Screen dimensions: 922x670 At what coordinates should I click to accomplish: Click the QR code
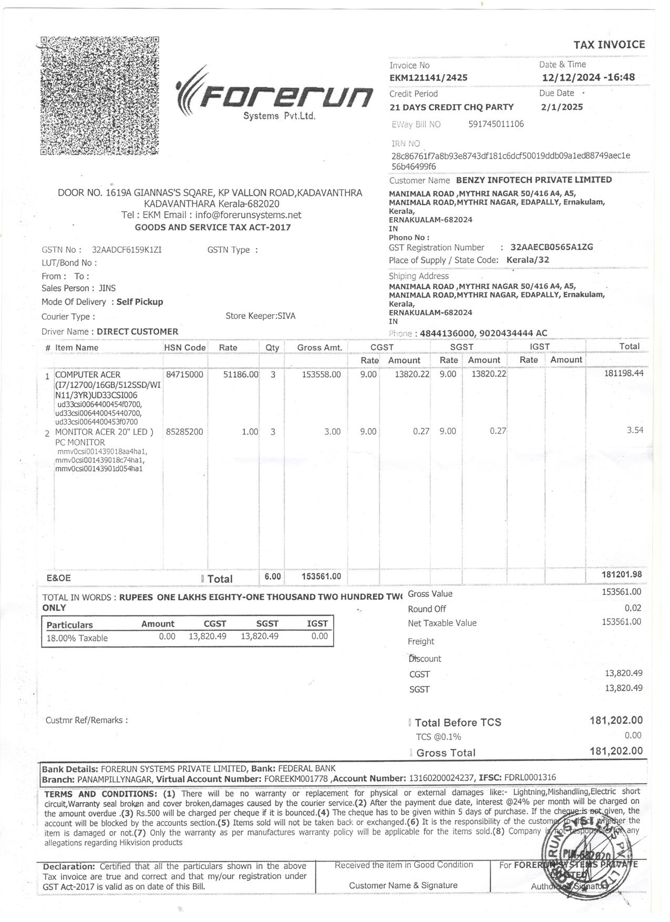pyautogui.click(x=100, y=95)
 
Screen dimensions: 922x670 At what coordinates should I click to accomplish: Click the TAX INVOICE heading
pyautogui.click(x=609, y=45)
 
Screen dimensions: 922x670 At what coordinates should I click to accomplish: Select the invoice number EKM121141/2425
pyautogui.click(x=428, y=78)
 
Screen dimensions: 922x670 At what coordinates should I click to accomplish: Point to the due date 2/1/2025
pyautogui.click(x=562, y=107)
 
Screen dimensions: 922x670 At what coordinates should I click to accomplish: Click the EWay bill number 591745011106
pyautogui.click(x=496, y=124)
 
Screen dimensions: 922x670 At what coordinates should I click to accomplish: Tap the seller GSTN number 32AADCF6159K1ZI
pyautogui.click(x=127, y=250)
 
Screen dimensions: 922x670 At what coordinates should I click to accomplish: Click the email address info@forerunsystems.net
pyautogui.click(x=248, y=215)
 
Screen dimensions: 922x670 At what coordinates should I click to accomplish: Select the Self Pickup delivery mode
pyautogui.click(x=140, y=302)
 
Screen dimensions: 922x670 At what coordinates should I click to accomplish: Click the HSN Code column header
pyautogui.click(x=185, y=347)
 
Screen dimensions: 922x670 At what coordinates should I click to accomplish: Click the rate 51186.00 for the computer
pyautogui.click(x=241, y=374)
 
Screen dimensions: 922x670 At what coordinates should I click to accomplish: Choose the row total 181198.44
pyautogui.click(x=624, y=373)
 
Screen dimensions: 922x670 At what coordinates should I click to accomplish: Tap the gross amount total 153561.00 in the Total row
pyautogui.click(x=321, y=577)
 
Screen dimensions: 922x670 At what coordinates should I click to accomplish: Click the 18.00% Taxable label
pyautogui.click(x=77, y=638)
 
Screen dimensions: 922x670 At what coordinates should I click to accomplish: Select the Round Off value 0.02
pyautogui.click(x=633, y=608)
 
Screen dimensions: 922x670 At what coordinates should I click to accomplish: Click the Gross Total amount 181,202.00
pyautogui.click(x=616, y=751)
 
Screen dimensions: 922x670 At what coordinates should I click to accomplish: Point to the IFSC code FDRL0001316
pyautogui.click(x=530, y=777)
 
